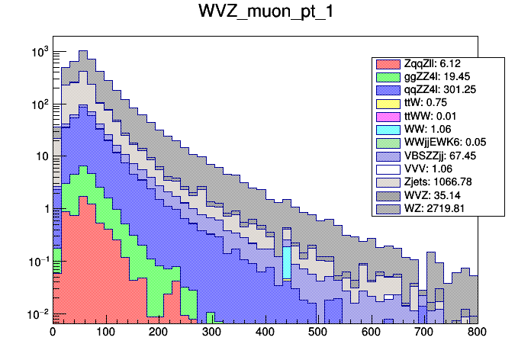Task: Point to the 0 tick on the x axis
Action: coord(53,332)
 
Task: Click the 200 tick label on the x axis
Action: coord(159,332)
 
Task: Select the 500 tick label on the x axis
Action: coord(318,332)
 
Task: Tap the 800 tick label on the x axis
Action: coord(478,332)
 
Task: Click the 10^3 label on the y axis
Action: coord(39,52)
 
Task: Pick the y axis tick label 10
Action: coord(41,157)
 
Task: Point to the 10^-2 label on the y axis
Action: coord(37,314)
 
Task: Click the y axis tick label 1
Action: coord(44,209)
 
